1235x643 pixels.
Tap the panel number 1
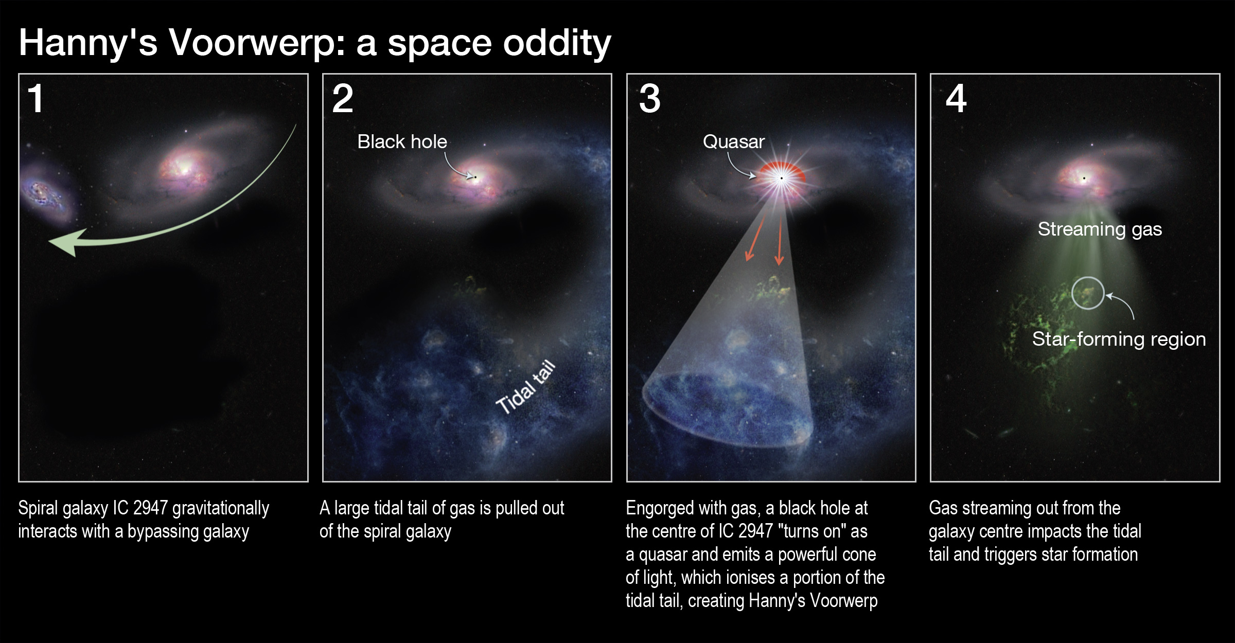(36, 98)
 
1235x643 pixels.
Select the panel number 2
(343, 98)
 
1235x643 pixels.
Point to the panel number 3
(649, 98)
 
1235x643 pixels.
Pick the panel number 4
(956, 98)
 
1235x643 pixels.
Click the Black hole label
(402, 141)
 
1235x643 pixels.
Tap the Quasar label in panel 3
(734, 141)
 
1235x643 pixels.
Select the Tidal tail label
(525, 387)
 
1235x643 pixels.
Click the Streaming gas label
(1100, 229)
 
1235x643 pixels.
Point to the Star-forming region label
(1119, 339)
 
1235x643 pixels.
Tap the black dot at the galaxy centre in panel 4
(1084, 178)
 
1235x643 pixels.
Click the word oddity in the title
(557, 43)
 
